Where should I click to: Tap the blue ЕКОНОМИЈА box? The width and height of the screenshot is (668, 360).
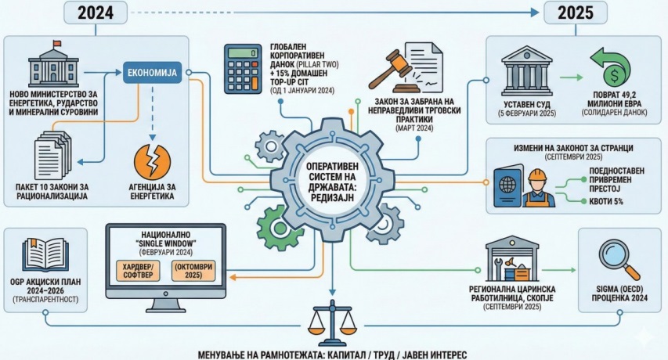(152, 74)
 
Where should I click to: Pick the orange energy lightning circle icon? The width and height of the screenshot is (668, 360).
(152, 160)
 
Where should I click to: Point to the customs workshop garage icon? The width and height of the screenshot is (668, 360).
(513, 259)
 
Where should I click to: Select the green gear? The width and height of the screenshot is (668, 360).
(275, 228)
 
